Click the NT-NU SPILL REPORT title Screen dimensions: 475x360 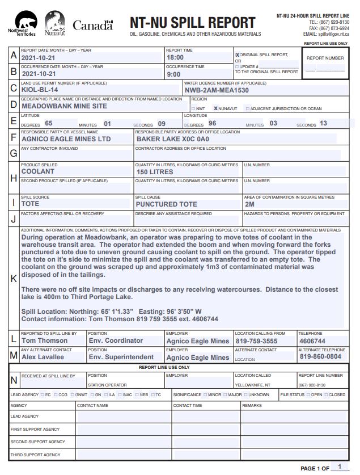coord(192,22)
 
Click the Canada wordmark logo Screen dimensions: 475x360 coord(92,26)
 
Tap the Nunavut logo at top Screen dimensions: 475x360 coord(54,24)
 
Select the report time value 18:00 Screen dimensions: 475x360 coord(175,57)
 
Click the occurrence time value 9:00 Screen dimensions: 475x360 coord(173,74)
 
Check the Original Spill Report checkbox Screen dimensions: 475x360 coord(238,55)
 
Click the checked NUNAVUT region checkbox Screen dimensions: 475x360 coord(215,108)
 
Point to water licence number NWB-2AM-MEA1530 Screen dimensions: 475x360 coord(217,90)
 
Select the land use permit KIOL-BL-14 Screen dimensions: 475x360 coord(40,90)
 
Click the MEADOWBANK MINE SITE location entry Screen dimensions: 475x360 coord(64,106)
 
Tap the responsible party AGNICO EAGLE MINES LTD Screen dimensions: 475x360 coord(66,138)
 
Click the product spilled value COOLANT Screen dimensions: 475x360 coord(38,171)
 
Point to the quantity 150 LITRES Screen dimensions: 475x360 coord(155,171)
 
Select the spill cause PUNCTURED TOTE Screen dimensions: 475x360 coord(167,204)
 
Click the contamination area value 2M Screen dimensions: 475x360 coord(249,204)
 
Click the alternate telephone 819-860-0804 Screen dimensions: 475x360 coord(320,357)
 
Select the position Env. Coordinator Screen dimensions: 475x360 coord(116,341)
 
